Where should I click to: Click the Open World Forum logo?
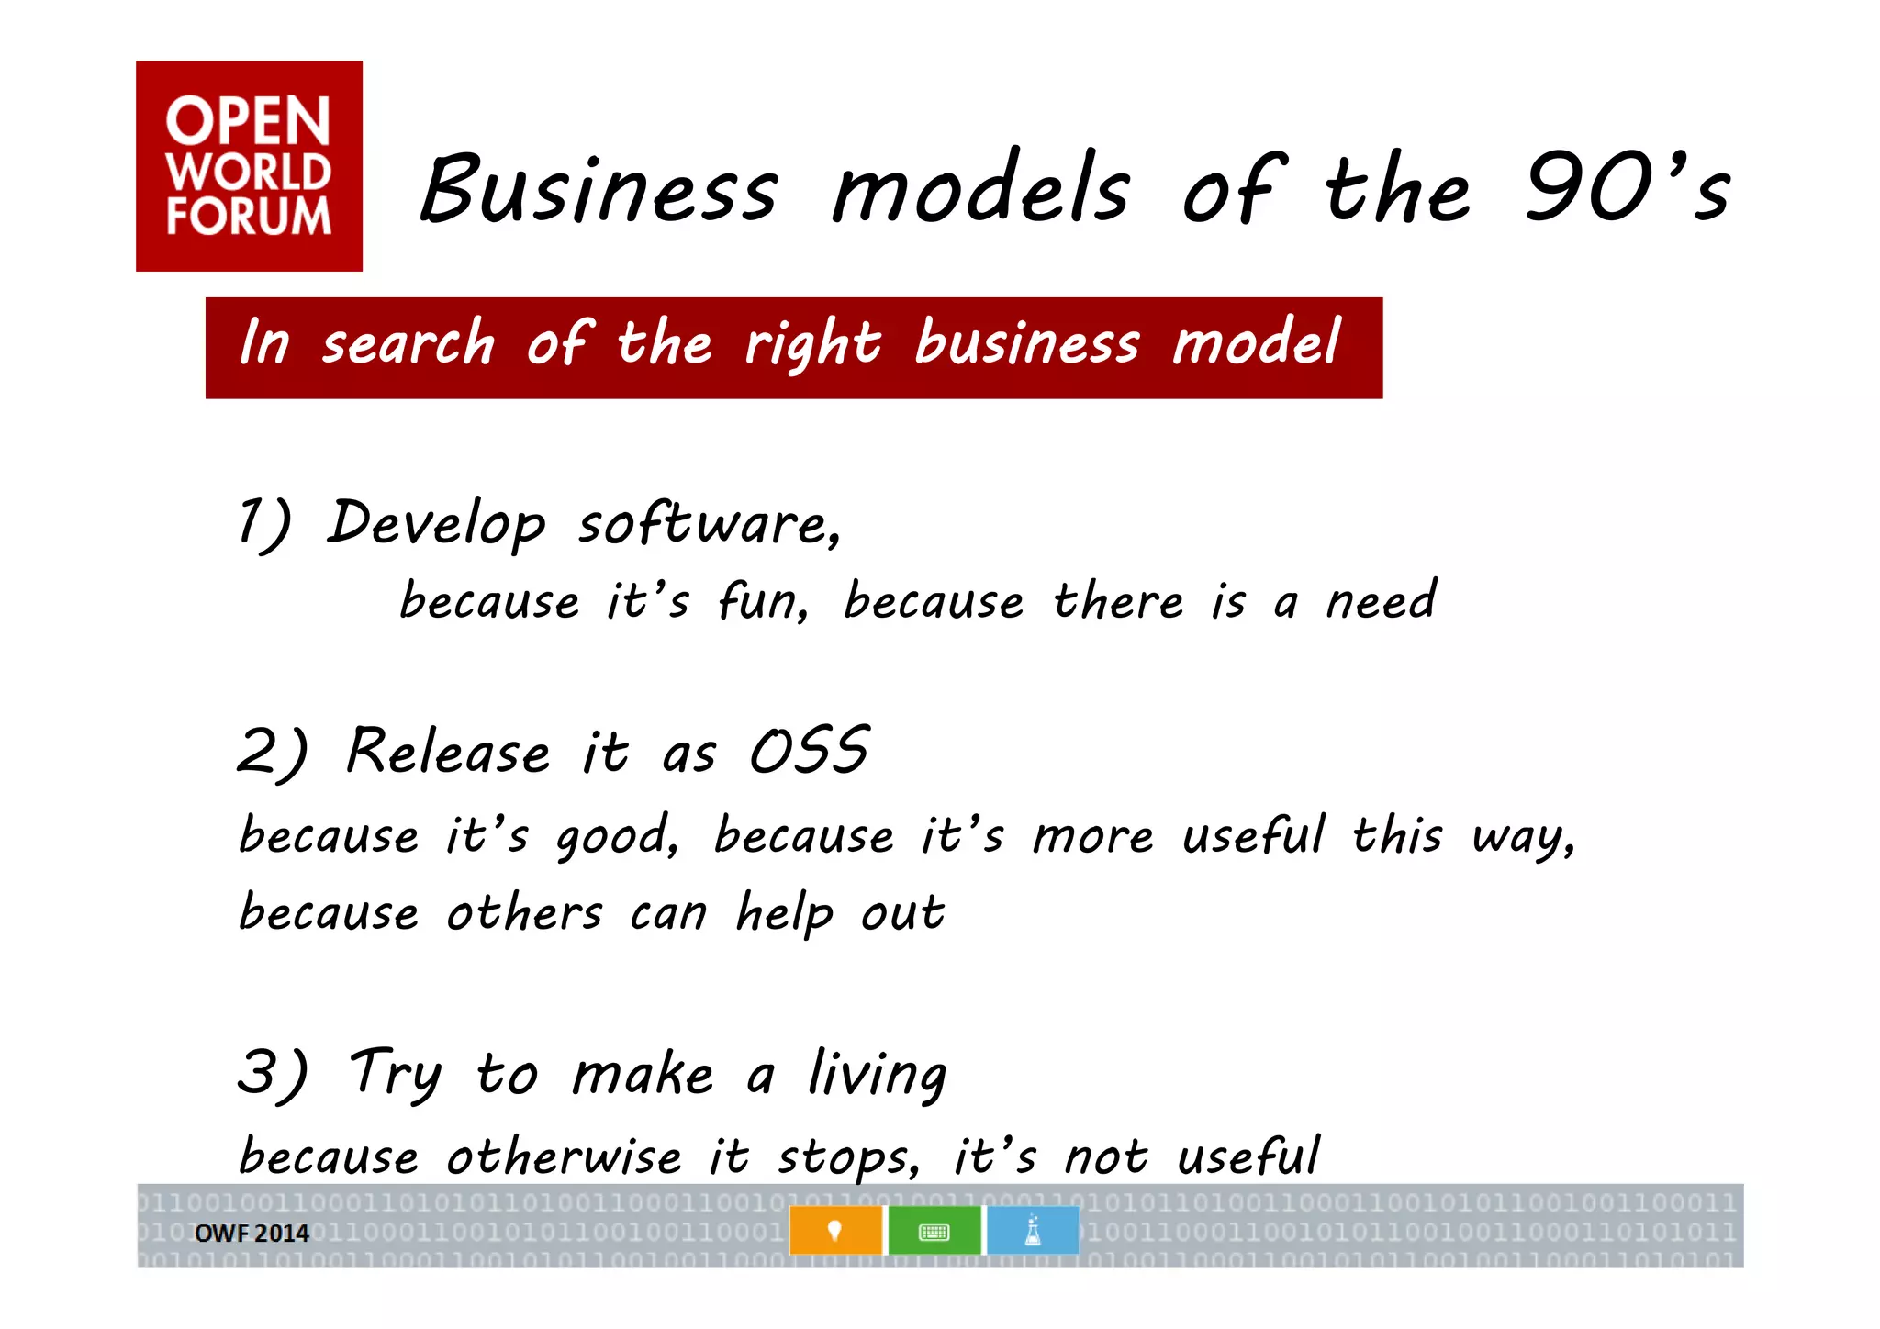[249, 166]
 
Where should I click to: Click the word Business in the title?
[599, 189]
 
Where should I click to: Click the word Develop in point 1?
[436, 523]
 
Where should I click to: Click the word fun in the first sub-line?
[761, 602]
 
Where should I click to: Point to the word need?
[1381, 602]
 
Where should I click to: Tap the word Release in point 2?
[449, 751]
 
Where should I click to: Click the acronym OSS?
[809, 751]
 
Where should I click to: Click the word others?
[524, 913]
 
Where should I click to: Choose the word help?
[785, 913]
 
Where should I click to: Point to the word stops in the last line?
[846, 1156]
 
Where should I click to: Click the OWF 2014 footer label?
[252, 1234]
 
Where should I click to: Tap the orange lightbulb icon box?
[835, 1231]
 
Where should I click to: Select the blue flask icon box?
[1033, 1231]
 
